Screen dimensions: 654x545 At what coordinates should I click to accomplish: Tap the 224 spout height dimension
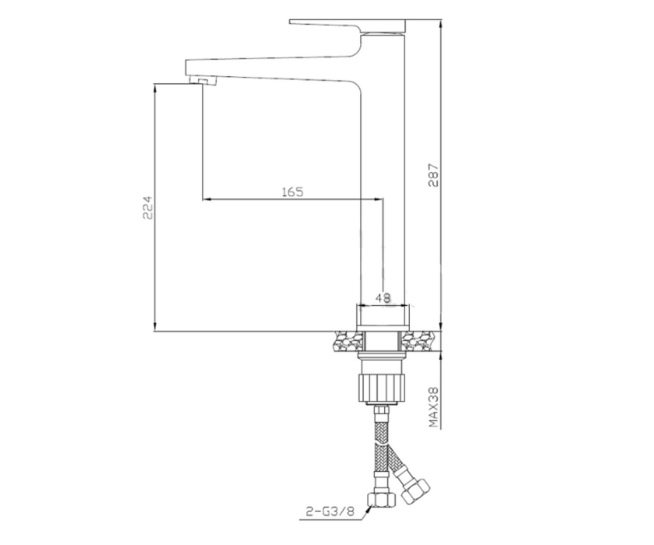click(148, 207)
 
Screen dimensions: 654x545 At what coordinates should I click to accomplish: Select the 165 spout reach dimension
click(293, 192)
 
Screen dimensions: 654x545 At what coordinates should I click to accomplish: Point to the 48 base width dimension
click(383, 298)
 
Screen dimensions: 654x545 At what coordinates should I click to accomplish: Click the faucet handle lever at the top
click(348, 26)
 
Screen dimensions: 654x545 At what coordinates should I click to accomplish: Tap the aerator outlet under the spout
click(199, 81)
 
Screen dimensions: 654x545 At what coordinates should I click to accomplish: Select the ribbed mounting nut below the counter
click(381, 387)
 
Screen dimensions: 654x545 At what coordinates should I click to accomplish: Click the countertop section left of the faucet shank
click(349, 341)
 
